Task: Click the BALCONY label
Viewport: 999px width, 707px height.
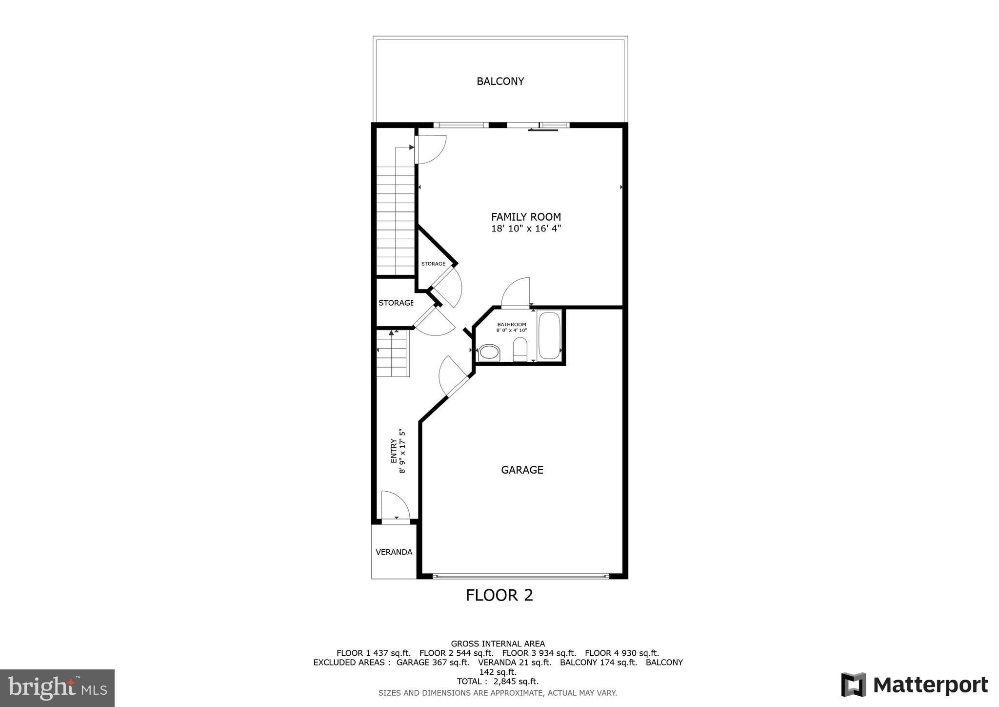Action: click(x=500, y=81)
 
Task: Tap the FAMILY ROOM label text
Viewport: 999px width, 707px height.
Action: click(x=526, y=217)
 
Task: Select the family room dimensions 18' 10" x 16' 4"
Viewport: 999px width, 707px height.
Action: click(x=526, y=229)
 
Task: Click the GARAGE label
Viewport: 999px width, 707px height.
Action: click(x=522, y=470)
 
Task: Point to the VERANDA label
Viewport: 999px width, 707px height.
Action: click(x=394, y=552)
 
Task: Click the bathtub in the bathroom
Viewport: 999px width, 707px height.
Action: click(x=549, y=336)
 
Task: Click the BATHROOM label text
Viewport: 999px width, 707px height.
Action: click(x=512, y=324)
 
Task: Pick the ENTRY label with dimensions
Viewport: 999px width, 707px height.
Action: click(x=398, y=451)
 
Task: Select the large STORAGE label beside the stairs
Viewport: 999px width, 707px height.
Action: click(x=396, y=303)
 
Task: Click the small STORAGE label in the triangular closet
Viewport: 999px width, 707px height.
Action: click(x=433, y=264)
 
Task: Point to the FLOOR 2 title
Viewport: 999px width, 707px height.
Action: click(x=499, y=595)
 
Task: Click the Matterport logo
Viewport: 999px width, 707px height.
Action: click(x=914, y=685)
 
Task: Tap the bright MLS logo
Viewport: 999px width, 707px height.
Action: click(x=57, y=688)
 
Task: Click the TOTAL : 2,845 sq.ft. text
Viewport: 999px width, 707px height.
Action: click(x=498, y=681)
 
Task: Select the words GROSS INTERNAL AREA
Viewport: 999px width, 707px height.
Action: click(x=498, y=644)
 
